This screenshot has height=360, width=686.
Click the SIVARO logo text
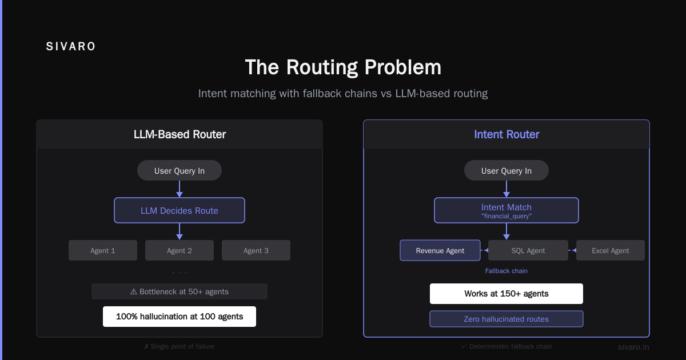click(x=71, y=46)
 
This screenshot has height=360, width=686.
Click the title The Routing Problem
click(x=343, y=67)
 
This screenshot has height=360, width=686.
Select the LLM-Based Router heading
click(x=180, y=134)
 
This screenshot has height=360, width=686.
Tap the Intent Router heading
click(x=506, y=134)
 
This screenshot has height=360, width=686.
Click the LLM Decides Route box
click(x=180, y=210)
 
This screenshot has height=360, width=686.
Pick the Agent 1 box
click(x=103, y=250)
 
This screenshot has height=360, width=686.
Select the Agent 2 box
click(x=180, y=250)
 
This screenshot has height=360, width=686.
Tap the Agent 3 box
click(x=256, y=250)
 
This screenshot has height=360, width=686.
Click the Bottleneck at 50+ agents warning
click(x=180, y=291)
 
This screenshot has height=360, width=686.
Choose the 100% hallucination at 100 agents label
click(x=180, y=317)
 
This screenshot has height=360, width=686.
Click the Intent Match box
click(x=506, y=210)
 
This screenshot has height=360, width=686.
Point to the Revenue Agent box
click(x=440, y=250)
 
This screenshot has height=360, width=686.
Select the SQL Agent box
click(x=528, y=250)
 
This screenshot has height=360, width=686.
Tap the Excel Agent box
click(x=611, y=250)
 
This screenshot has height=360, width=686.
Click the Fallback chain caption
click(x=506, y=271)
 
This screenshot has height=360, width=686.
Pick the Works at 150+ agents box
click(x=506, y=294)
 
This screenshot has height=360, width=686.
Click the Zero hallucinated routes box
click(x=506, y=319)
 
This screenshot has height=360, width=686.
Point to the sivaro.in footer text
click(x=633, y=347)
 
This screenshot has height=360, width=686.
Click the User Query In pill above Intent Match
click(x=506, y=170)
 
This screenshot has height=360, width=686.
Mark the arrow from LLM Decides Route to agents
click(x=180, y=231)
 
